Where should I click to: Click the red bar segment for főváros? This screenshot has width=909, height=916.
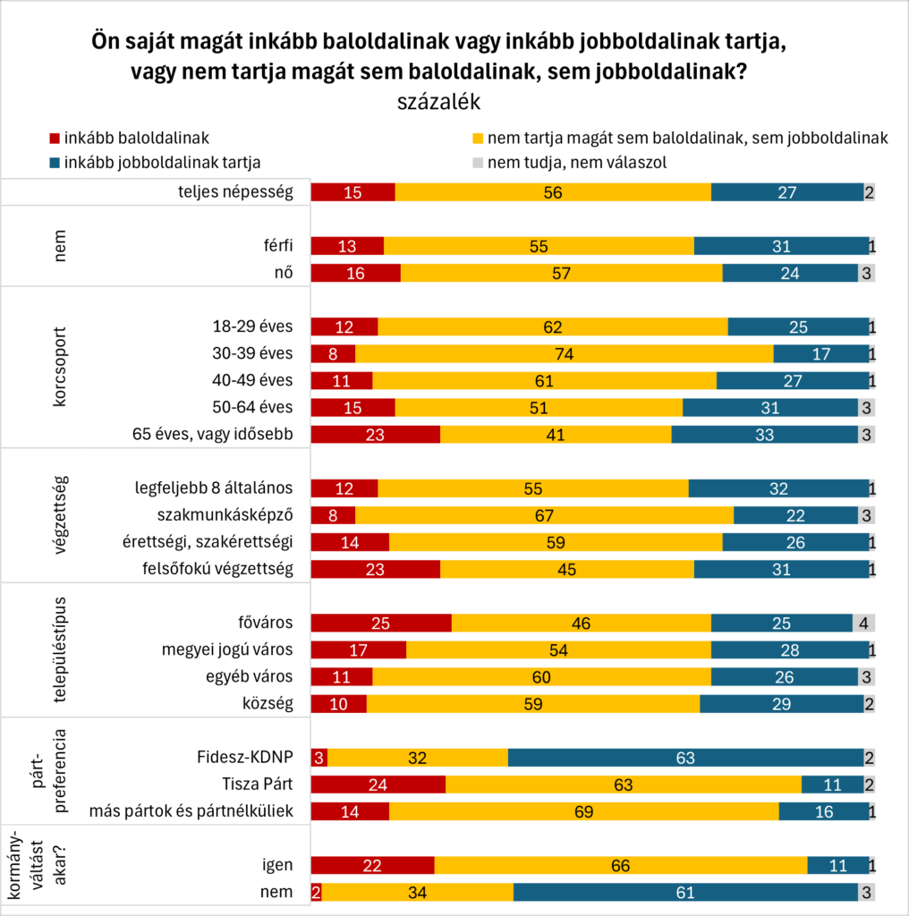381,623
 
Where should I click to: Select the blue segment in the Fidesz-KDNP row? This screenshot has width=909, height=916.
685,758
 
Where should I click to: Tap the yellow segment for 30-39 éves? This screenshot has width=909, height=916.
564,353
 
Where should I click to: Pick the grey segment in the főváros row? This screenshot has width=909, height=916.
862,623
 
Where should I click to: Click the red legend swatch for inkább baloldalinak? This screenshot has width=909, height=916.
54,139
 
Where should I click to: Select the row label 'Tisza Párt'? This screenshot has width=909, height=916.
257,785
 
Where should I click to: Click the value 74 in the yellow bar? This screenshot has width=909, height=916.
564,353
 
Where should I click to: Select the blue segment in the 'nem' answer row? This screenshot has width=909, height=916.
684,893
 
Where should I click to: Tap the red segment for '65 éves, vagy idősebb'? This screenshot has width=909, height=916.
376,435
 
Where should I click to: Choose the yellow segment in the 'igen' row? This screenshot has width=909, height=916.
620,865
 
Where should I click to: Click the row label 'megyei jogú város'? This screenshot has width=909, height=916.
226,650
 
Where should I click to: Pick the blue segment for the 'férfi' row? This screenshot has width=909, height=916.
781,247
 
